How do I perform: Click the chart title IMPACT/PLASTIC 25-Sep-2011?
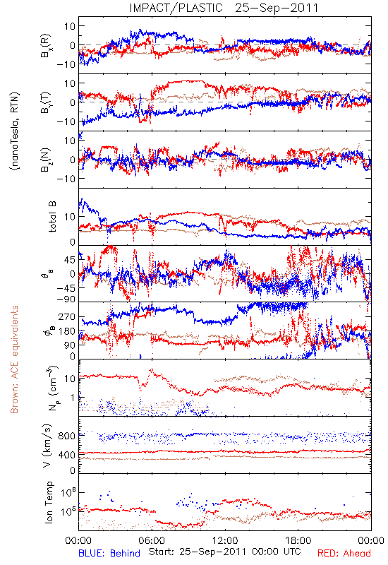224,8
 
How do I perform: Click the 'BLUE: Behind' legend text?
109,553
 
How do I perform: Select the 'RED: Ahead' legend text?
344,553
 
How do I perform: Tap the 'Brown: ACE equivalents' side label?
14,359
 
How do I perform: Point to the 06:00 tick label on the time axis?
152,540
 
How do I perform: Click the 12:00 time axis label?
225,540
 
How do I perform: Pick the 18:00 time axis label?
298,540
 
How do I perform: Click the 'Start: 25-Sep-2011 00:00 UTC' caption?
225,552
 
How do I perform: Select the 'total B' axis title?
52,217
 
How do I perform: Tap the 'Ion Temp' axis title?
49,502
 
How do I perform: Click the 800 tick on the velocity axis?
67,436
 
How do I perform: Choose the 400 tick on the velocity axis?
67,455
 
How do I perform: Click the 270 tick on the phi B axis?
67,317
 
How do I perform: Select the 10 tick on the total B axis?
70,217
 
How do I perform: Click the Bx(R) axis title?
46,46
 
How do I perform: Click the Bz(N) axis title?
46,160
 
